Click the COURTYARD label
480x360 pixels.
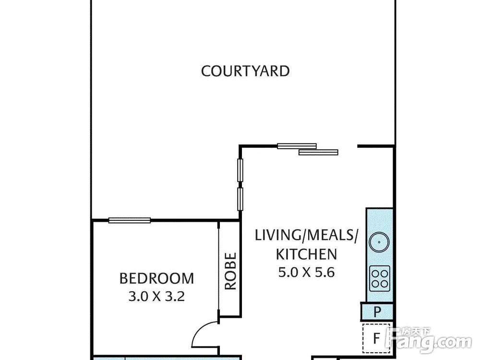[245, 71]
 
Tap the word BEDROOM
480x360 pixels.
[157, 278]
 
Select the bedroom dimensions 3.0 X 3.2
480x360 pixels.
[156, 297]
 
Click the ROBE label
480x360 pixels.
[230, 271]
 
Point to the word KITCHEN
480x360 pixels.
[306, 254]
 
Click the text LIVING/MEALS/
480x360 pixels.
[306, 236]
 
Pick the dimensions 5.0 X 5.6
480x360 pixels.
[306, 272]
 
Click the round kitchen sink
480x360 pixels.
[379, 242]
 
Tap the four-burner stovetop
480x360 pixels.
[380, 278]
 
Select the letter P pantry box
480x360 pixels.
[377, 312]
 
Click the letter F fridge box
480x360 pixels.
[376, 338]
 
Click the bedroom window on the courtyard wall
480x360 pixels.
[130, 220]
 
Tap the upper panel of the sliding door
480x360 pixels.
[297, 146]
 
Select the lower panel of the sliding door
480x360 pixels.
[318, 152]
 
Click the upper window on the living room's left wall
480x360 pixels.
[240, 170]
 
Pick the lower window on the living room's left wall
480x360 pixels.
[240, 199]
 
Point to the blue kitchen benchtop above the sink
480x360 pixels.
[380, 220]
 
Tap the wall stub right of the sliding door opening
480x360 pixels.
[376, 146]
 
